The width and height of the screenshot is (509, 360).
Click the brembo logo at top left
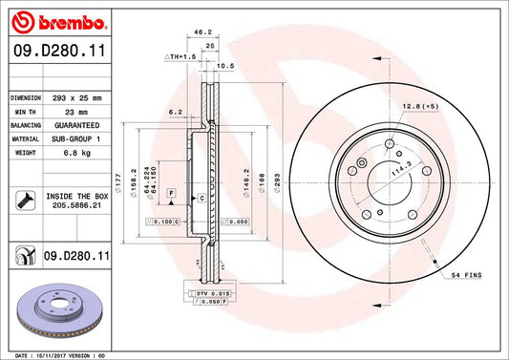point(49,19)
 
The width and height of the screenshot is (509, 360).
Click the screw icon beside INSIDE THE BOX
point(24,201)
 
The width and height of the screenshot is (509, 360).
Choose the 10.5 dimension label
point(226,66)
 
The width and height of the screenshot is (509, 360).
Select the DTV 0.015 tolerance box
point(204,292)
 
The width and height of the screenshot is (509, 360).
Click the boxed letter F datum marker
point(172,193)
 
